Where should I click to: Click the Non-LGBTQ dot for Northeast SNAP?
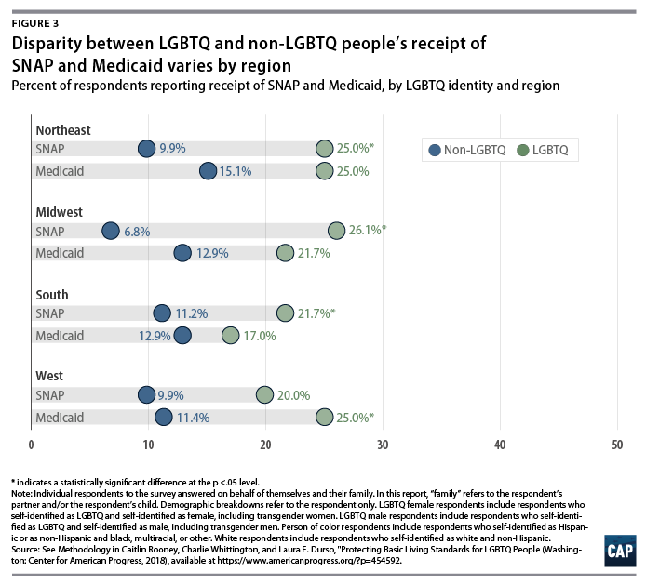click(x=147, y=149)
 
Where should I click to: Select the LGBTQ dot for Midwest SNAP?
click(x=337, y=231)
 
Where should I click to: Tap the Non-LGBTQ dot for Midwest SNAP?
click(x=111, y=231)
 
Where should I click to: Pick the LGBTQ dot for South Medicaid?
click(x=231, y=335)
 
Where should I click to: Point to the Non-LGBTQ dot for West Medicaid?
click(x=164, y=417)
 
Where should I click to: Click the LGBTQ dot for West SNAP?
click(x=265, y=394)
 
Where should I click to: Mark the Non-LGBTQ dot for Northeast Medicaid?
click(x=208, y=171)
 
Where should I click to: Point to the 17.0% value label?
click(x=262, y=335)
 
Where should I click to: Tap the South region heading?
click(x=52, y=294)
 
